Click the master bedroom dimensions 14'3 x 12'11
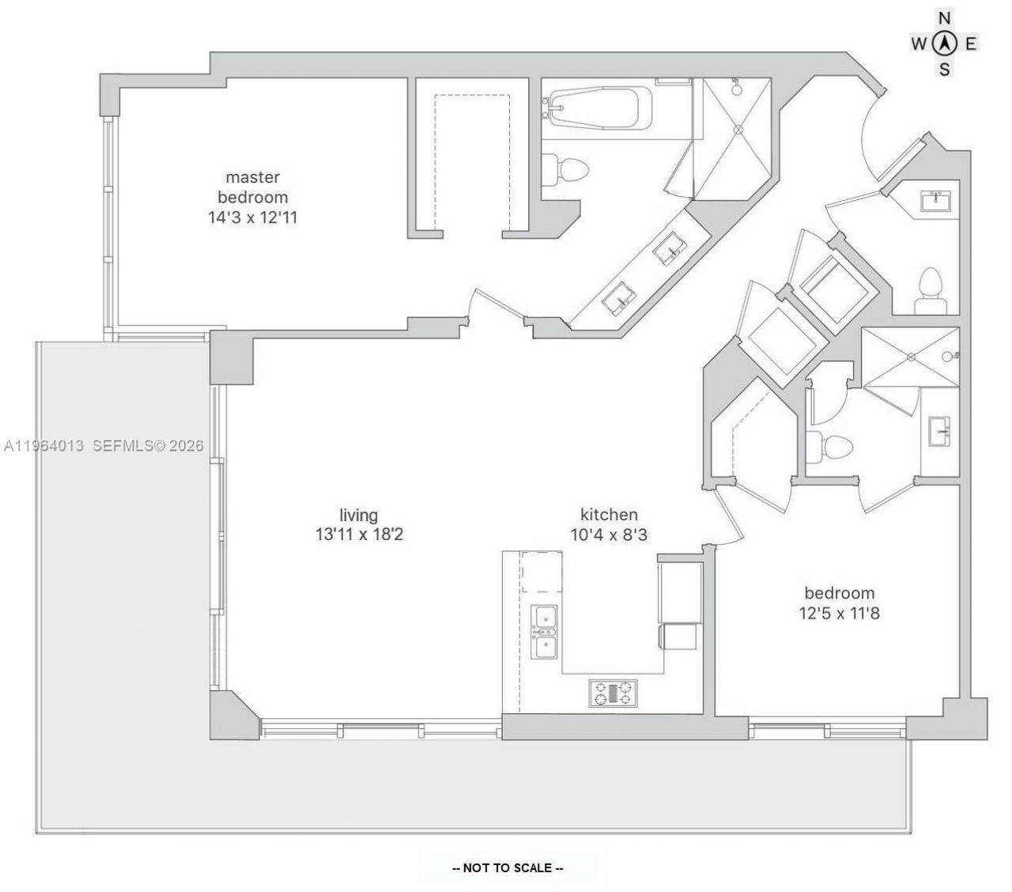coord(252,217)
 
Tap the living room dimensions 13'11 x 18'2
coord(359,535)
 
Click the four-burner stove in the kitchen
coord(613,693)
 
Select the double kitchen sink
coord(544,632)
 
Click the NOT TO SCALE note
coord(507,867)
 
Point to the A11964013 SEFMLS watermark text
coord(103,446)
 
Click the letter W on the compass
coord(918,44)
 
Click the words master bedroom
coord(252,187)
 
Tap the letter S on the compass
coord(944,70)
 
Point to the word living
coord(359,515)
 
